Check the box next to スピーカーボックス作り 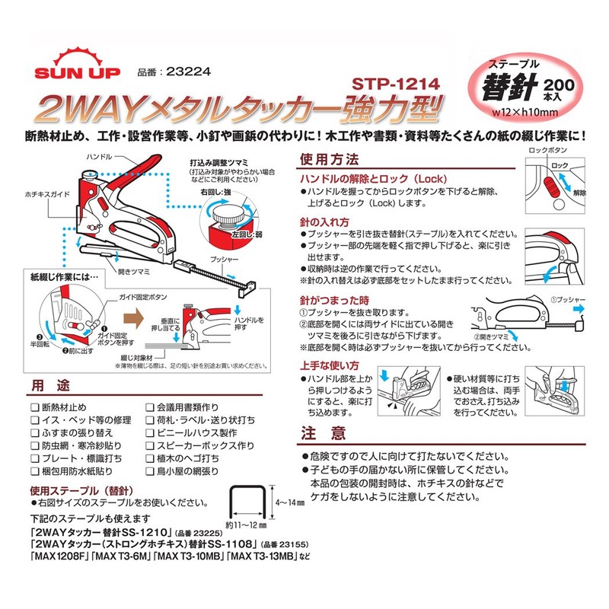pyautogui.click(x=150, y=446)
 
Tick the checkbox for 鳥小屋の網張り pyautogui.click(x=150, y=471)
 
